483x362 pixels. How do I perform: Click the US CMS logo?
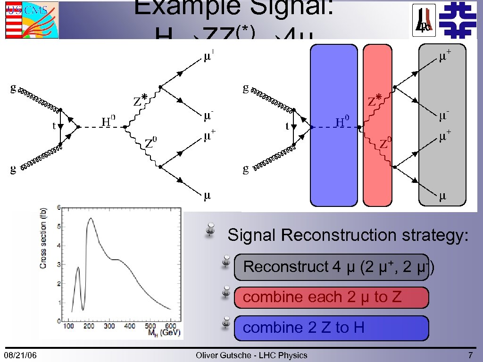[x=32, y=19]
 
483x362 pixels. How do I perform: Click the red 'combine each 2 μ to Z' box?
[x=331, y=297]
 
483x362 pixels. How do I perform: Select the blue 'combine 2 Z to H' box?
[x=331, y=328]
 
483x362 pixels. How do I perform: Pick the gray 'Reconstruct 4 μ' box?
[x=331, y=267]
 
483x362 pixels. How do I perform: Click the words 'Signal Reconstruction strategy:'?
[x=348, y=235]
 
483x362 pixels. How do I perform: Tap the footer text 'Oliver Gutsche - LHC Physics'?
[x=251, y=355]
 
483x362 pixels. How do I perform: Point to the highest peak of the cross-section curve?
[x=90, y=218]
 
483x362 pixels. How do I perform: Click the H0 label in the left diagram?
[x=109, y=121]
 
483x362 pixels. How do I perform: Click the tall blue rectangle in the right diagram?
[x=333, y=125]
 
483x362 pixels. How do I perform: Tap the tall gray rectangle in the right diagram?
[x=442, y=125]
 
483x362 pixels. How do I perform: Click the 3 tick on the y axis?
[x=58, y=264]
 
